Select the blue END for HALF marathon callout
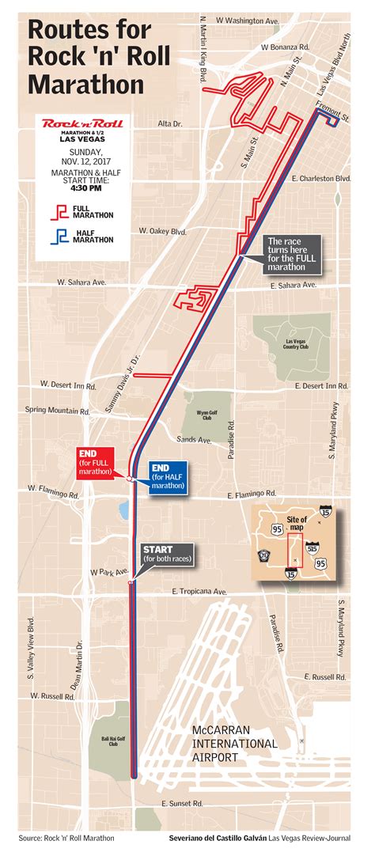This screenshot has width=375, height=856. (x=168, y=476)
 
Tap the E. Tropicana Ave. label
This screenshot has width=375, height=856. (x=199, y=591)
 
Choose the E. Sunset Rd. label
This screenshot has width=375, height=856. (x=182, y=803)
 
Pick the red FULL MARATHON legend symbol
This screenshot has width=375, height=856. (x=59, y=211)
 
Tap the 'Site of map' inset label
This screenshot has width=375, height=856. (x=297, y=523)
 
